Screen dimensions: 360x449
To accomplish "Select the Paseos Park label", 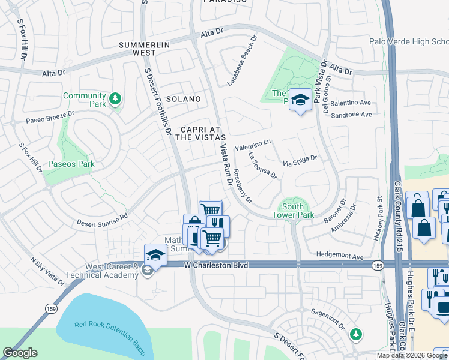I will coord(71,164).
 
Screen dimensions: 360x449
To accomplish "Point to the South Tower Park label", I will coord(293,210).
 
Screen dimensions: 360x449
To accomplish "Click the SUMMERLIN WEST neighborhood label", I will coord(145,49).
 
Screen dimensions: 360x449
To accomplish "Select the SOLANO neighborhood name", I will coord(183,98).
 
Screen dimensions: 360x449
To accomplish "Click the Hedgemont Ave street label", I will coord(341,257).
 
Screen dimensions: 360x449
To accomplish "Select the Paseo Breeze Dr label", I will coord(50,117).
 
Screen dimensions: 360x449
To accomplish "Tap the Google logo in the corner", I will coord(20,353).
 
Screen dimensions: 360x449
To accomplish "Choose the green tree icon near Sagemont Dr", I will coord(357,333).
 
